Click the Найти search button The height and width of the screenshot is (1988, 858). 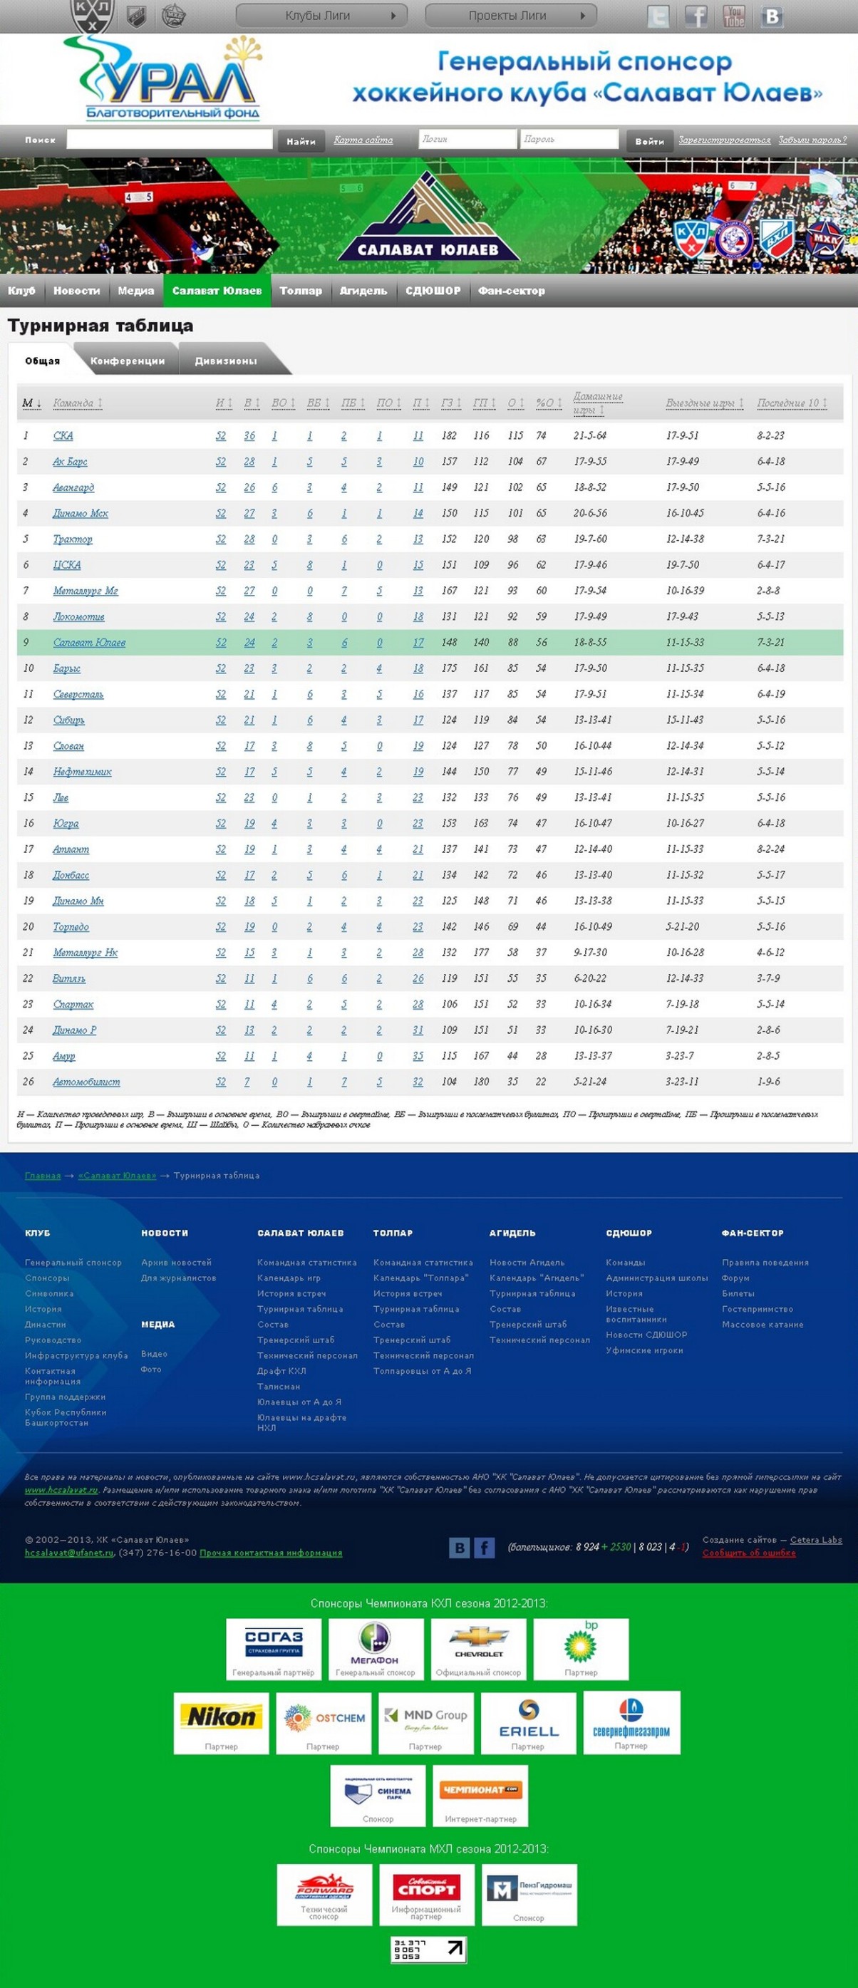click(301, 140)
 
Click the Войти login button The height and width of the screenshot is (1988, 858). click(649, 140)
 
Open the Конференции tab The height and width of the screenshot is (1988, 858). click(128, 361)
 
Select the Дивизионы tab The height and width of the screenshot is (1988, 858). click(225, 361)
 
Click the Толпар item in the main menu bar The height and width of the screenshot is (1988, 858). click(301, 290)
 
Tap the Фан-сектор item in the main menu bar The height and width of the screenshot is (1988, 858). click(511, 290)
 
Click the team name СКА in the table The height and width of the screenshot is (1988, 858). click(63, 435)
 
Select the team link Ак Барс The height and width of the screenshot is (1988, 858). click(69, 462)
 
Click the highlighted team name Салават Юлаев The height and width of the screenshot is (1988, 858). click(89, 642)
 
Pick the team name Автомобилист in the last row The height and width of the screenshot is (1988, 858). click(86, 1081)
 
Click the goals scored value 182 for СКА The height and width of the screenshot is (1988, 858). click(449, 435)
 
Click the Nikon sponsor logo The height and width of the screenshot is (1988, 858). click(222, 1716)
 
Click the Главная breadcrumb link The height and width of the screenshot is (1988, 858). click(43, 1176)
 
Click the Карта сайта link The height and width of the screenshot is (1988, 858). click(363, 140)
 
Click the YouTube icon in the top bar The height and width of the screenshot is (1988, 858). click(734, 16)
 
